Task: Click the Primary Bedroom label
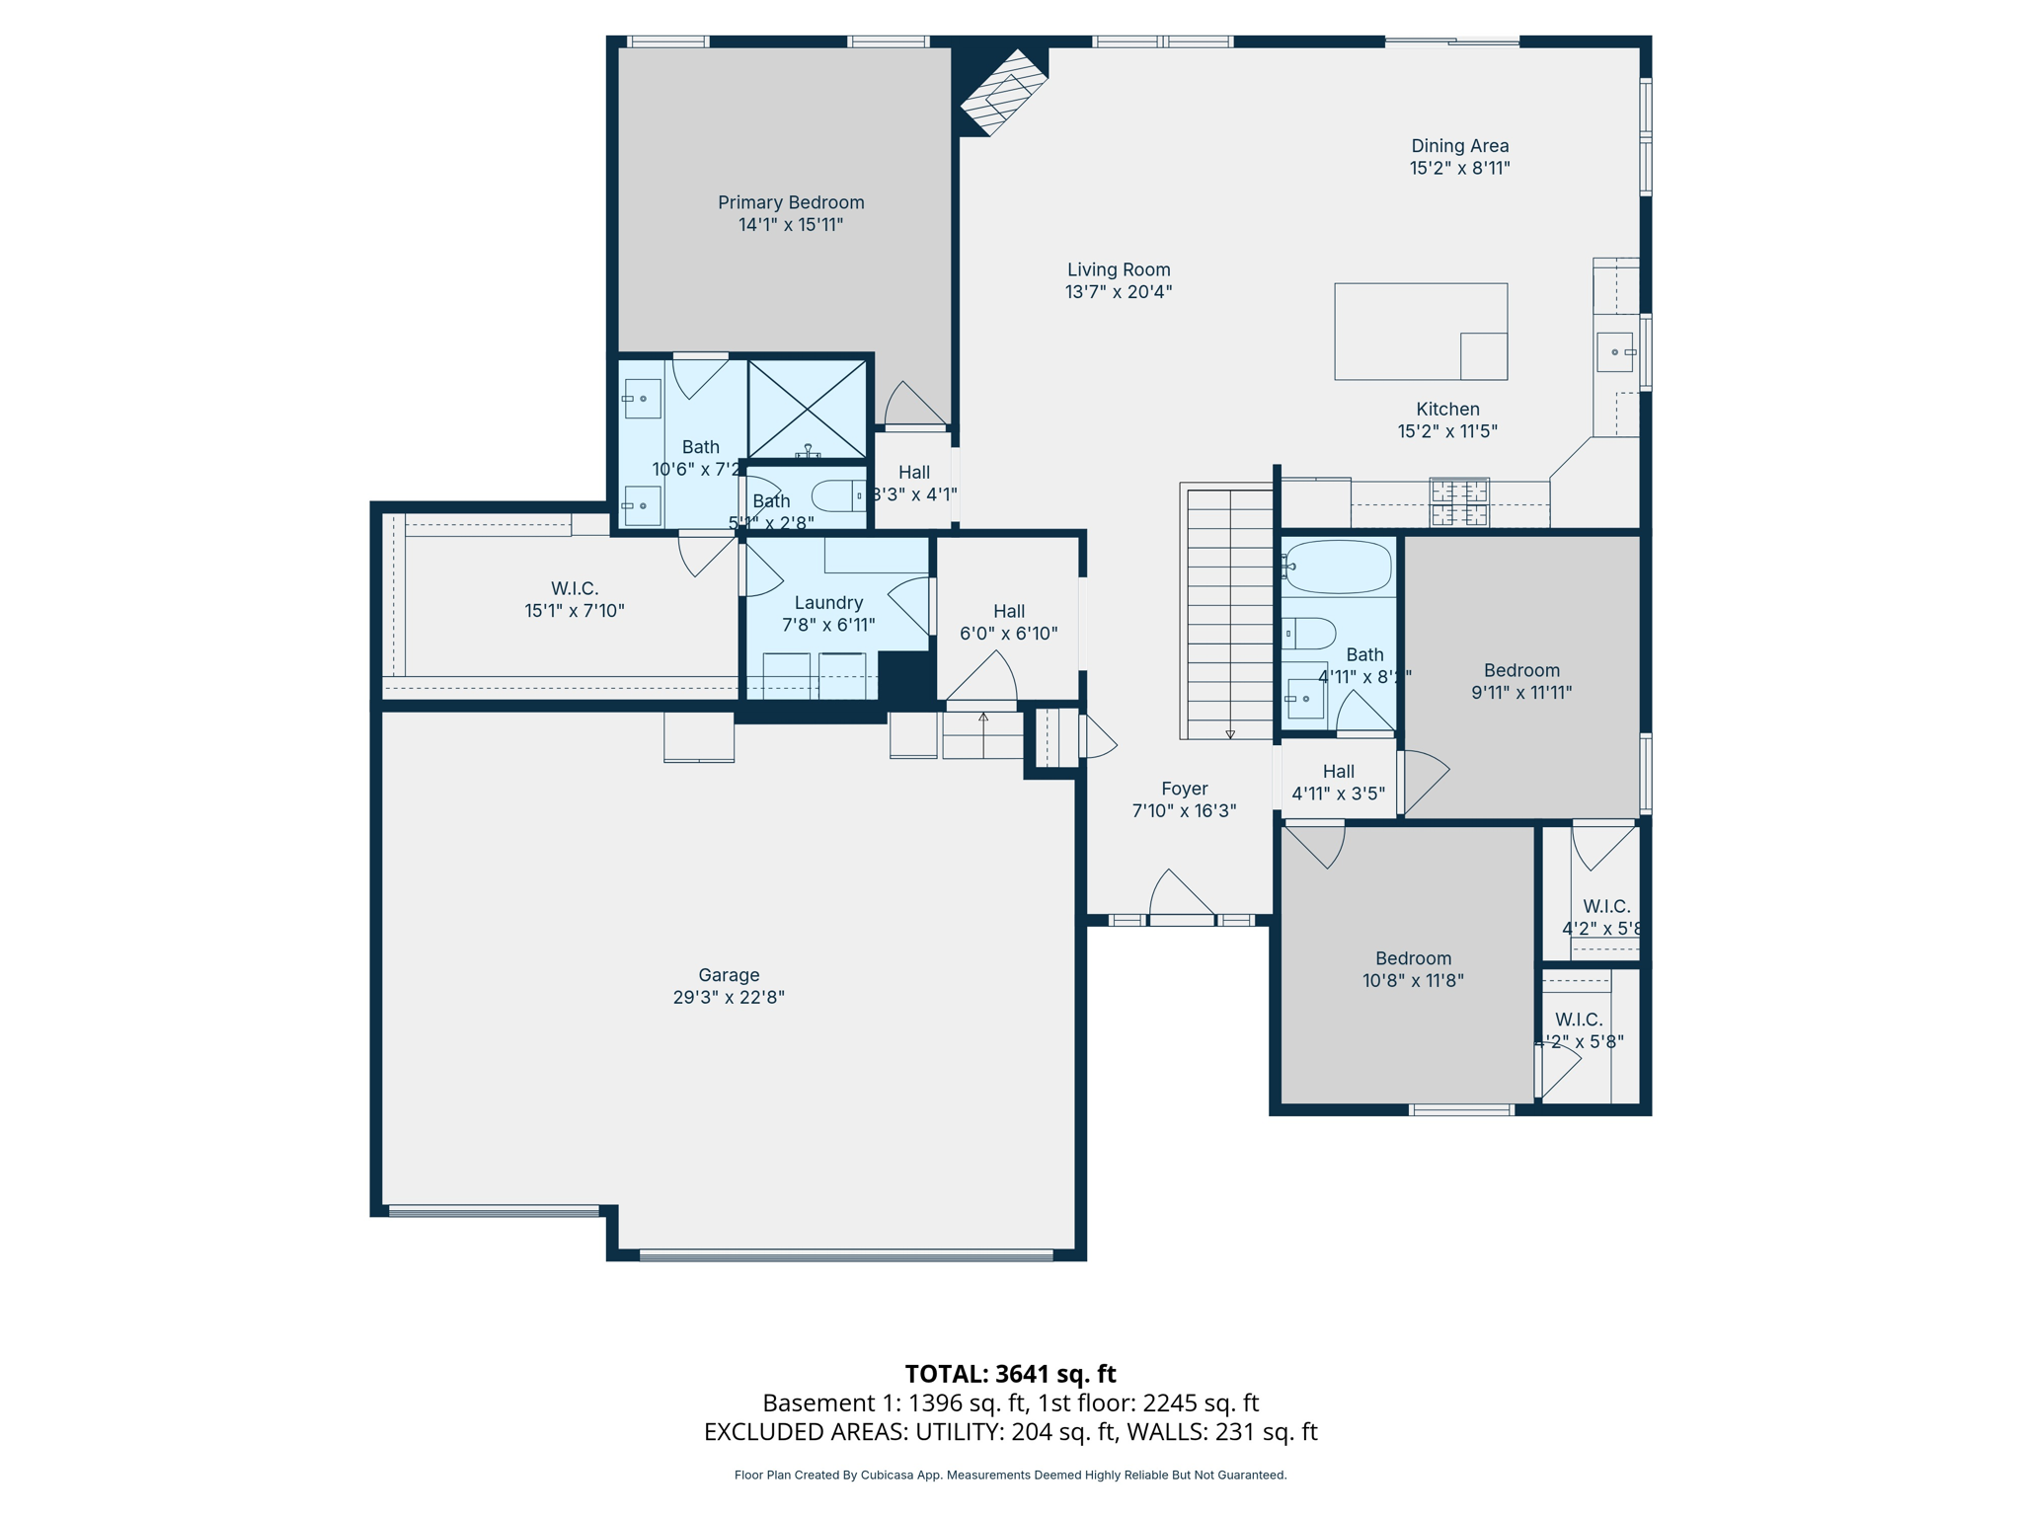[x=790, y=202]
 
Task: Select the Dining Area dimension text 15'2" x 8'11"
[x=1459, y=168]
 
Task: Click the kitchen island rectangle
[x=1419, y=331]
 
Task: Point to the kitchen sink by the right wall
[x=1614, y=352]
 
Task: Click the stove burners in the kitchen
[x=1458, y=502]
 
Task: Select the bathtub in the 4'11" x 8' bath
[x=1338, y=567]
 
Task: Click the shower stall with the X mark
[x=807, y=409]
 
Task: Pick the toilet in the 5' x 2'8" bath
[x=837, y=495]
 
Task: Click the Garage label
[x=729, y=975]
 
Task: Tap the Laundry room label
[x=828, y=603]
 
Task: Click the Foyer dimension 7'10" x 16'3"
[x=1184, y=810]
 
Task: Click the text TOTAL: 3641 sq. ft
[x=1010, y=1374]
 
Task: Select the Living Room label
[x=1118, y=269]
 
